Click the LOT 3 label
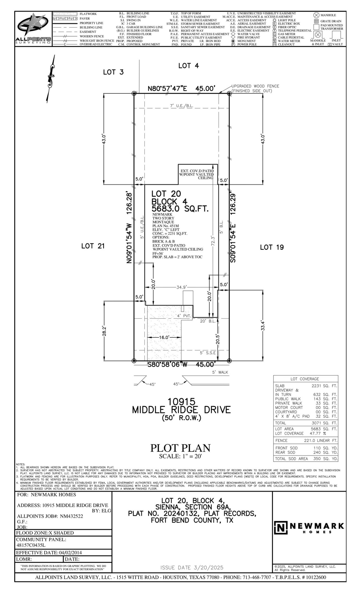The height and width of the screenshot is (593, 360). point(113,72)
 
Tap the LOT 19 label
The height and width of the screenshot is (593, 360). point(272,247)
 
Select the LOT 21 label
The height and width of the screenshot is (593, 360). point(93,246)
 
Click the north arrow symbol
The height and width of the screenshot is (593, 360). point(50,78)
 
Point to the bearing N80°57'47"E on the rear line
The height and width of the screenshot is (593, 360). point(168,88)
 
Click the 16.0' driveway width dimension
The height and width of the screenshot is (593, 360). point(164,337)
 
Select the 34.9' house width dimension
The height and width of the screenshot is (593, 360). point(182,287)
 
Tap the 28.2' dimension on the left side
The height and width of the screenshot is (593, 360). point(104,331)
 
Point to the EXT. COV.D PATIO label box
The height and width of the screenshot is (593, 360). point(198,174)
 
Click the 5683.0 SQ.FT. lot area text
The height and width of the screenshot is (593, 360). point(180,209)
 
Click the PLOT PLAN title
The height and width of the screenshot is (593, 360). point(180,448)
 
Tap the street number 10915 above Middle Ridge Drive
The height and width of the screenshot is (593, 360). point(181,402)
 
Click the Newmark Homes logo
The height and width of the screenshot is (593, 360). point(309,528)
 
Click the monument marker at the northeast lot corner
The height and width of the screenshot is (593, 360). point(229,93)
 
